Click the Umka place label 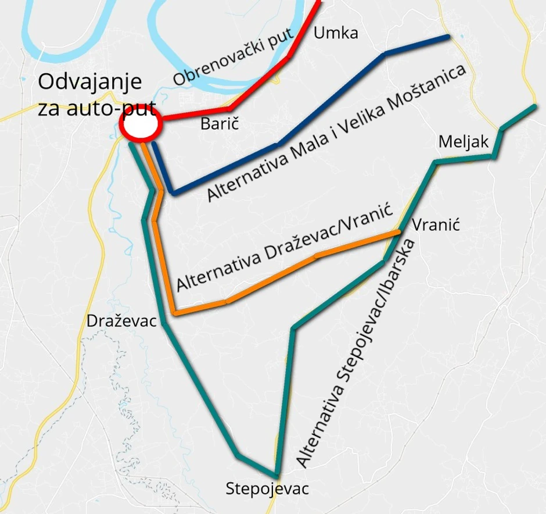[335, 34]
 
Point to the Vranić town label [436, 224]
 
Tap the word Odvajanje [90, 81]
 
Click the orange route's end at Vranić [398, 233]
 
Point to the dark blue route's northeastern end [448, 37]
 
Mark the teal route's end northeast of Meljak [534, 107]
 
